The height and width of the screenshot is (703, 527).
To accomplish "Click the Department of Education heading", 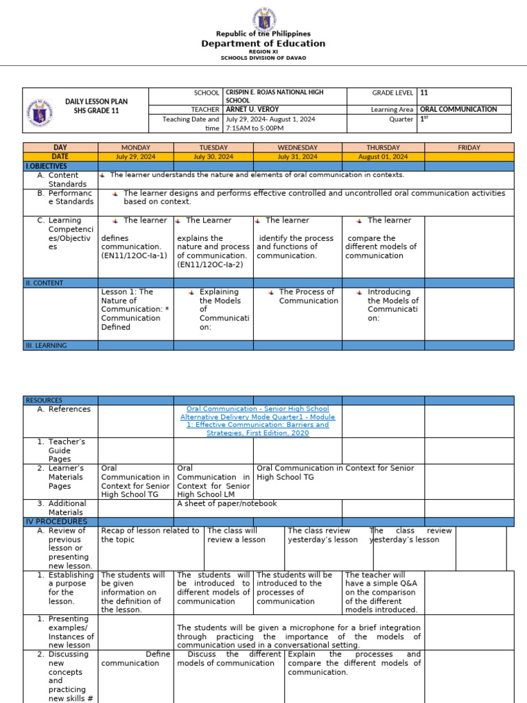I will pyautogui.click(x=263, y=44).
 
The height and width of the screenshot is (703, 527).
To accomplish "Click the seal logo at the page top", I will pyautogui.click(x=263, y=16).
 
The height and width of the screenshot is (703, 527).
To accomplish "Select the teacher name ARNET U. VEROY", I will pyautogui.click(x=252, y=109).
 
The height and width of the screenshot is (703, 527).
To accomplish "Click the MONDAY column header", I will pyautogui.click(x=135, y=148).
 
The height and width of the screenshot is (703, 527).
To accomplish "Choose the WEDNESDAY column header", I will pyautogui.click(x=297, y=148).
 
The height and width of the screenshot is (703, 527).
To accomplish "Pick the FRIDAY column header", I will pyautogui.click(x=469, y=148).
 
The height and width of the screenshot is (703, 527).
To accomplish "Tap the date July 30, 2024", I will pyautogui.click(x=213, y=157).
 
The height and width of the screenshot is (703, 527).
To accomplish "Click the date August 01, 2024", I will pyautogui.click(x=383, y=157).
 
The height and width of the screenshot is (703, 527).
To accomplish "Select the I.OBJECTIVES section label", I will pyautogui.click(x=47, y=166).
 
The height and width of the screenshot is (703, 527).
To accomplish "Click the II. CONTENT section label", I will pyautogui.click(x=45, y=283).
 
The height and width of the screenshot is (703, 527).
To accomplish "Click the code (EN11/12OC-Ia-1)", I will pyautogui.click(x=134, y=255).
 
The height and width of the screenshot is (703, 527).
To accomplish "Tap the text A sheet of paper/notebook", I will pyautogui.click(x=226, y=503).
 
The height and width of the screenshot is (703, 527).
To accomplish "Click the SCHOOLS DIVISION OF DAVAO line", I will pyautogui.click(x=263, y=58).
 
